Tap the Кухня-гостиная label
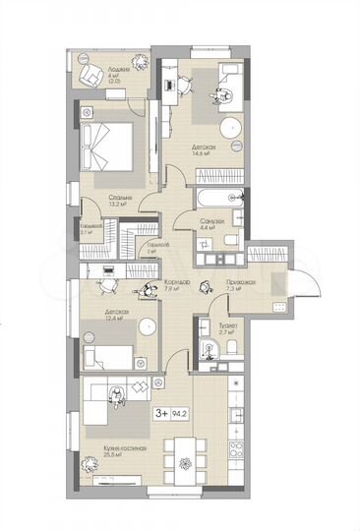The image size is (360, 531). pos(124,450)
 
